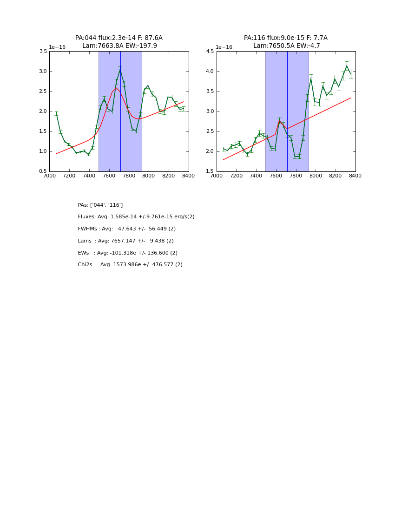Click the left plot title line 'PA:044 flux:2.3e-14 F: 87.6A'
click(119, 38)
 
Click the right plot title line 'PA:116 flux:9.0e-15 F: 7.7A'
click(286, 38)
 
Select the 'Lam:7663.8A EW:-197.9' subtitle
click(119, 46)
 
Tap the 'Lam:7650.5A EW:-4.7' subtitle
click(287, 46)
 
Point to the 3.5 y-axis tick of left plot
click(42, 52)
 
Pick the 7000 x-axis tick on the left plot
click(49, 176)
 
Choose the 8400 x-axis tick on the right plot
click(355, 176)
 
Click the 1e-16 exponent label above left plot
click(57, 47)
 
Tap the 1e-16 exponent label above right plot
click(224, 47)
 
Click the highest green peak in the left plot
click(120, 71)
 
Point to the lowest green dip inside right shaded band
click(296, 157)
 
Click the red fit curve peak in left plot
click(116, 88)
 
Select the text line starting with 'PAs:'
click(100, 205)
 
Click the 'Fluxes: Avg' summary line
click(136, 217)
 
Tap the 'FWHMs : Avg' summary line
click(127, 229)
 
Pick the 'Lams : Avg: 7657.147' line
click(126, 241)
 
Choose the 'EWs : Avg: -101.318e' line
click(128, 253)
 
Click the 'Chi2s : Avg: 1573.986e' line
click(130, 265)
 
